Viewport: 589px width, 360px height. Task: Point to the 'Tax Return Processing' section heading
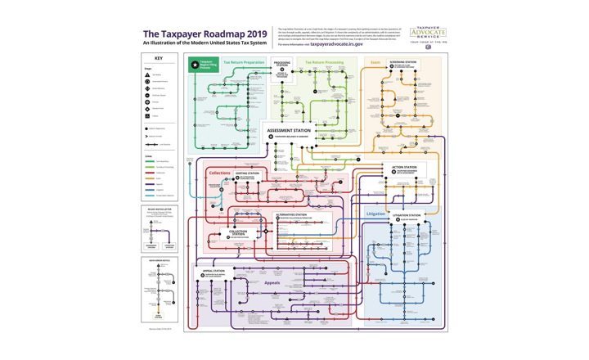(324, 61)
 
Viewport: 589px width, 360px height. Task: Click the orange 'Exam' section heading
(375, 61)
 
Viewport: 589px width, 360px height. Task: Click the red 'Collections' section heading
(219, 173)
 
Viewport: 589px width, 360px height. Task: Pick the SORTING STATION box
(248, 175)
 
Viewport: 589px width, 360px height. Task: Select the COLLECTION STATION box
(238, 234)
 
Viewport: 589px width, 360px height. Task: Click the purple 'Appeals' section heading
(272, 283)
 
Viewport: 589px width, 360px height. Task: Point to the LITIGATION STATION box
(406, 217)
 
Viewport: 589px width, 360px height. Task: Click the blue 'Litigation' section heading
(375, 214)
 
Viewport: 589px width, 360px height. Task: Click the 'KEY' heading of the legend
(160, 59)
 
